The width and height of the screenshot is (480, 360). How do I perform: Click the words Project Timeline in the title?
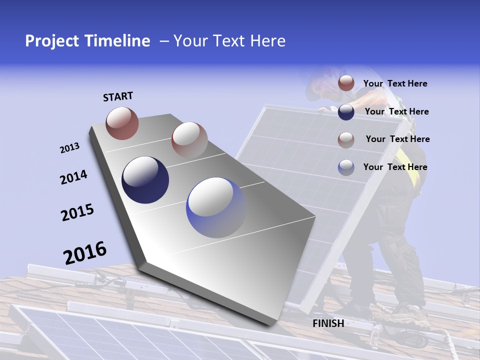[x=87, y=41]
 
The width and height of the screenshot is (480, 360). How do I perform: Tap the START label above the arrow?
[x=118, y=96]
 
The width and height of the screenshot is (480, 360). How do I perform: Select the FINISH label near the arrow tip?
[x=328, y=323]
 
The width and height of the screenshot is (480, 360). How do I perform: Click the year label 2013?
[x=69, y=148]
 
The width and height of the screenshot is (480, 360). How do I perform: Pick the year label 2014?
[x=73, y=177]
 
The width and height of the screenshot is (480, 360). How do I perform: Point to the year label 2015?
[x=77, y=212]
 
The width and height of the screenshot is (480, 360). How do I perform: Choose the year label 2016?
[x=85, y=253]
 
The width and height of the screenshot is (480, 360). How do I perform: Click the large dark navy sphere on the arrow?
[x=145, y=180]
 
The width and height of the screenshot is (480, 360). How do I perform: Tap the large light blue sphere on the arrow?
[x=216, y=207]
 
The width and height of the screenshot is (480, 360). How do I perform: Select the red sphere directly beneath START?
[x=122, y=123]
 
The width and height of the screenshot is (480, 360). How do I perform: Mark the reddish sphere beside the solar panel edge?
[x=189, y=140]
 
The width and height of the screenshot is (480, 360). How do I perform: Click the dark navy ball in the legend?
[x=346, y=112]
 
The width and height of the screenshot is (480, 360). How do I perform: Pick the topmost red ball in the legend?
[x=346, y=83]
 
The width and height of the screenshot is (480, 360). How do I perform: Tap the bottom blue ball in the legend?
[x=346, y=167]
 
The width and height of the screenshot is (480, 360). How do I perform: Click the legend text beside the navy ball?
[x=396, y=111]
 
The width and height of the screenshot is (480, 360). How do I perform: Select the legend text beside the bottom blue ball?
[x=395, y=167]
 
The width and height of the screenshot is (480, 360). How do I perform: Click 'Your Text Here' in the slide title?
[x=229, y=41]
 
